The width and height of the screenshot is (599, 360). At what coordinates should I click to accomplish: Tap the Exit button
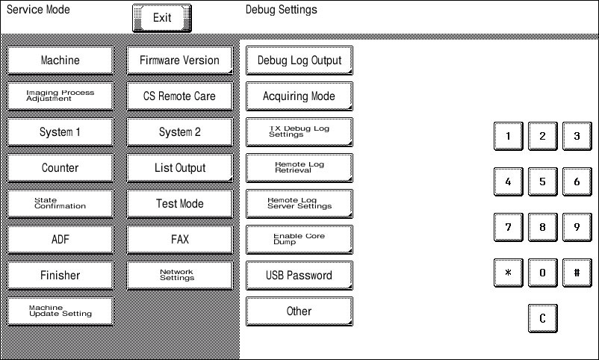coord(162,18)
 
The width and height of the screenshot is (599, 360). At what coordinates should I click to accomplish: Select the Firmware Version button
coord(180,60)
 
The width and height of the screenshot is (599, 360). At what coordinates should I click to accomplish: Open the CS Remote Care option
coord(180,96)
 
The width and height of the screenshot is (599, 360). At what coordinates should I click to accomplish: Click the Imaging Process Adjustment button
coord(60,96)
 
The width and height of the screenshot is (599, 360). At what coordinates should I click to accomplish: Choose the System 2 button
coord(180,132)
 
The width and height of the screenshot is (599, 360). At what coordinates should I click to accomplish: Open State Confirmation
coord(60,204)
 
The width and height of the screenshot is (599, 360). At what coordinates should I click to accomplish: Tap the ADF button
coord(60,240)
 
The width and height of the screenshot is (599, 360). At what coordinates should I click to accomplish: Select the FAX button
coord(180,240)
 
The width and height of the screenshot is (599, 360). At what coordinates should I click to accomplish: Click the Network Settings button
coord(180,276)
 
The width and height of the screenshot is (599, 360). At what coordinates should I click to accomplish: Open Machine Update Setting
coord(60,311)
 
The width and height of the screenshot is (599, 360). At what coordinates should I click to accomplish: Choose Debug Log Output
coord(299,60)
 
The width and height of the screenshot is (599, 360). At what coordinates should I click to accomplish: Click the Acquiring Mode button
coord(299,96)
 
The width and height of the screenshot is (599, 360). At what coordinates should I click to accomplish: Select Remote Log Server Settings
coord(299,204)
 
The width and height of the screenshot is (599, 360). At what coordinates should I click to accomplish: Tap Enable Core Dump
coord(299,240)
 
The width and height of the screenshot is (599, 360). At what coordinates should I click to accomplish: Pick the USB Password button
coord(299,276)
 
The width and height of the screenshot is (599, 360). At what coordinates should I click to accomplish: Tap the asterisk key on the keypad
coord(508,273)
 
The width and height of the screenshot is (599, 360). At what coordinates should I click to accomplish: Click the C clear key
coord(542,318)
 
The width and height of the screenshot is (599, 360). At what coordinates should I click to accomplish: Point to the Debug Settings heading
coord(281,10)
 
